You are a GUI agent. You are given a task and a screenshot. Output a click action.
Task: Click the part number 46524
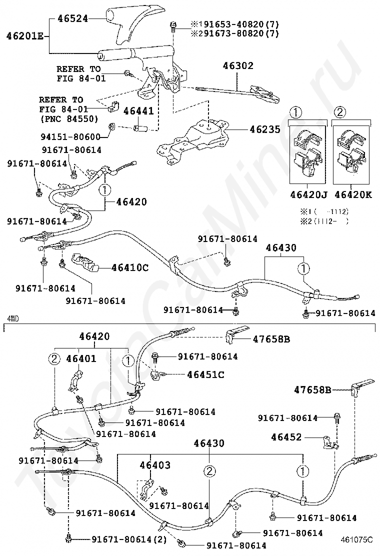(72, 18)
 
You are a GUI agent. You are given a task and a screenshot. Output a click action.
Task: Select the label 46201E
(25, 35)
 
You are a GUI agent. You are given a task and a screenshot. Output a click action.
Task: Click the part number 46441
(138, 110)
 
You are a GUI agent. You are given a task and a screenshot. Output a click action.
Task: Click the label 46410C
(130, 267)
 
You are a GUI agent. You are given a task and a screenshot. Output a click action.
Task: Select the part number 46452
(286, 437)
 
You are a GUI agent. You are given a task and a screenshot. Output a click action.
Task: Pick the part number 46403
(155, 465)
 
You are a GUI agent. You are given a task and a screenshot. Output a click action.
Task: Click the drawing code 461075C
(357, 539)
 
